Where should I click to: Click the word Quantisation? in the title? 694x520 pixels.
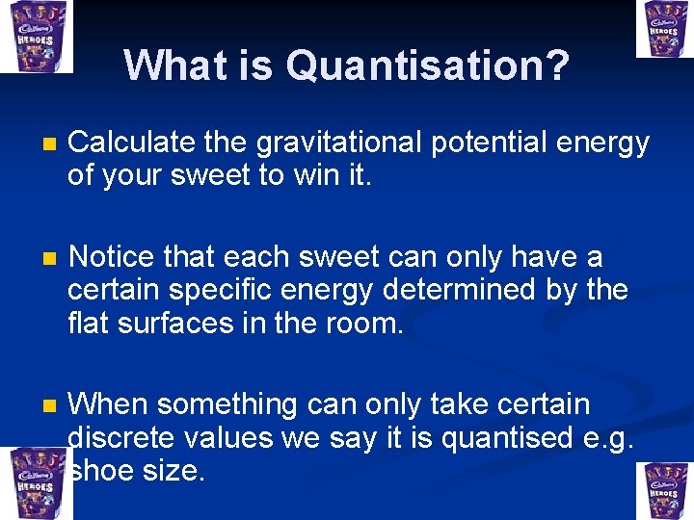pos(427,66)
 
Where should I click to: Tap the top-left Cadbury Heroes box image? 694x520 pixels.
pos(35,36)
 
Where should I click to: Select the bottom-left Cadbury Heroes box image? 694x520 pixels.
pos(35,484)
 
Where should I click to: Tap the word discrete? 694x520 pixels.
pos(124,438)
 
